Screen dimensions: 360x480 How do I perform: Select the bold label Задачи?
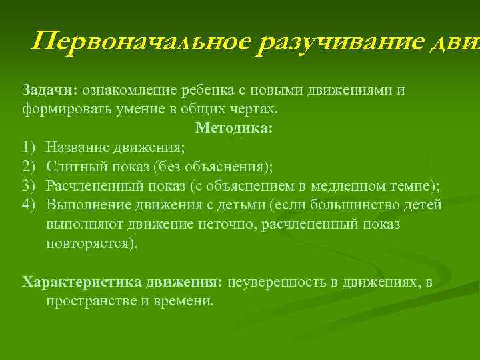[x=50, y=90]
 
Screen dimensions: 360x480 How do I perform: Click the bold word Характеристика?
[x=80, y=282]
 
